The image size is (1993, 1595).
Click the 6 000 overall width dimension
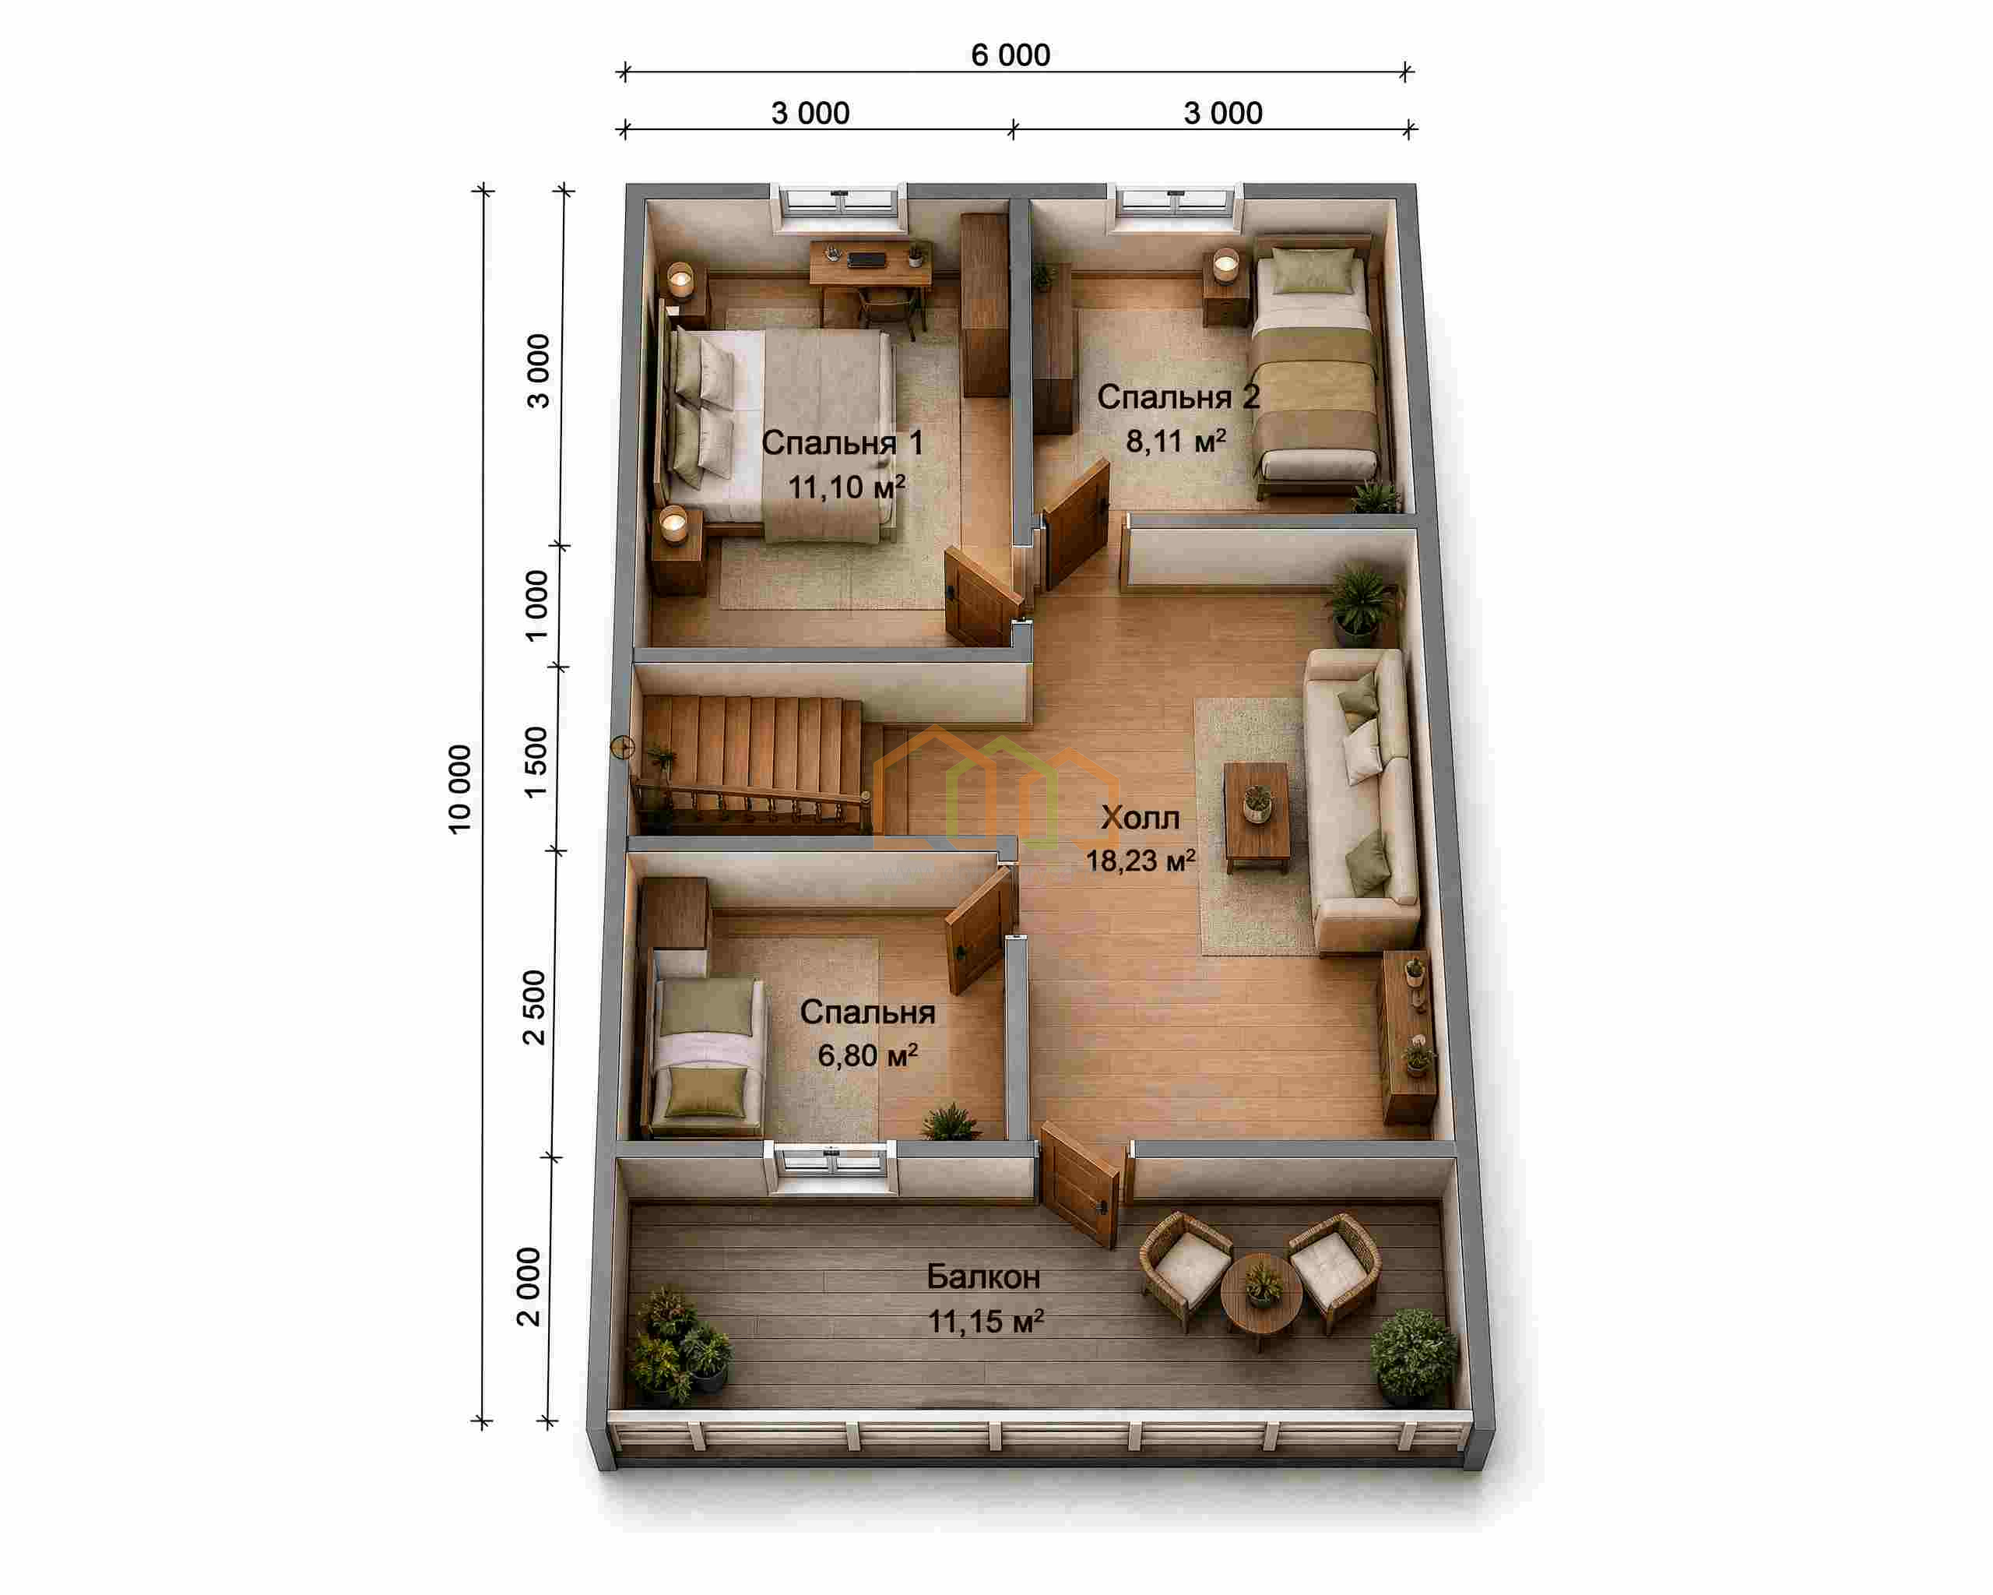pos(1011,55)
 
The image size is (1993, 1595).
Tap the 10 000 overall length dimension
pos(459,789)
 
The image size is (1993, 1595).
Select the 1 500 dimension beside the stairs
pos(536,762)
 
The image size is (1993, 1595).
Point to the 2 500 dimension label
pos(534,1007)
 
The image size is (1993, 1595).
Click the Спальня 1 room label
pos(842,443)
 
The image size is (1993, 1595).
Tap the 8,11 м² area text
pos(1175,440)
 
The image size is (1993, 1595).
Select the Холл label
pos(1140,818)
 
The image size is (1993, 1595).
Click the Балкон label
pos(983,1277)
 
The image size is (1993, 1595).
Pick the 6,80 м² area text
pos(867,1055)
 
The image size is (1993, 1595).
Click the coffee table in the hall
pos(1257,816)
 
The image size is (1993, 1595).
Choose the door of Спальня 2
pos(1075,524)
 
